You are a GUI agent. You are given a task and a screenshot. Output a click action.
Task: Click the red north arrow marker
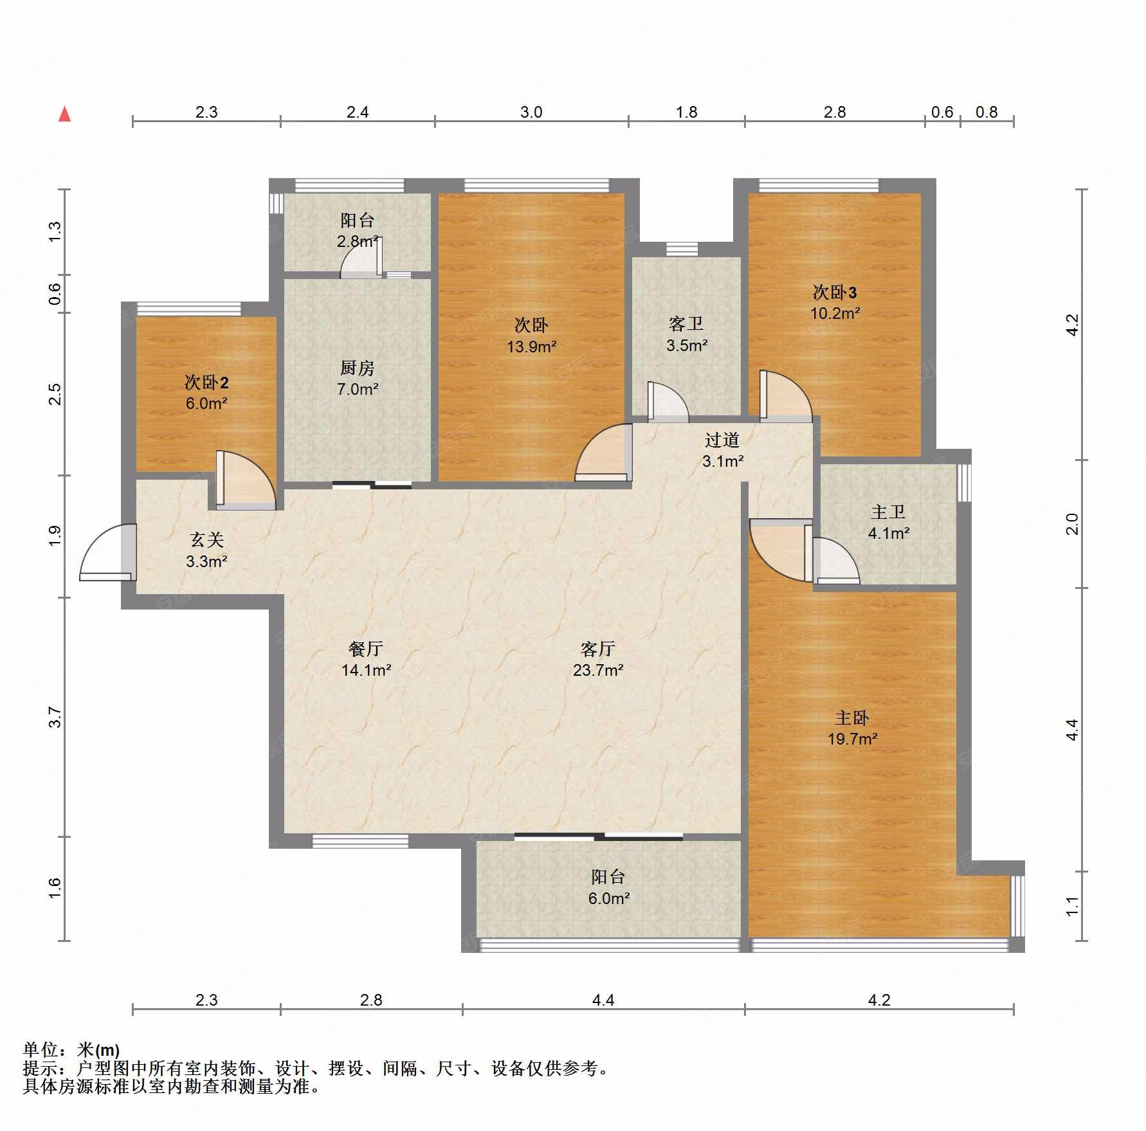coord(64,114)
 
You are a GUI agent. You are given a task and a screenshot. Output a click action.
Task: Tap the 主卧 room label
coord(851,718)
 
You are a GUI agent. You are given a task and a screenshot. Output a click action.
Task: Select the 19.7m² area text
coord(852,739)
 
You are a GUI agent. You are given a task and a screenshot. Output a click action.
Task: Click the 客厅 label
coord(598,649)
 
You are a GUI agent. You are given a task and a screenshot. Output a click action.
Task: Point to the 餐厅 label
coord(365,649)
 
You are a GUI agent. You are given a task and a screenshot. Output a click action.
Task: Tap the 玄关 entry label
coord(206,540)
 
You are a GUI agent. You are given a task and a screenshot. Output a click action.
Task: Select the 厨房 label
coord(357,368)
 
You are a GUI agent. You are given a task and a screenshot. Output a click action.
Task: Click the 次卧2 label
coord(206,383)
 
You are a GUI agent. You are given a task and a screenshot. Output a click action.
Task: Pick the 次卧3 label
coord(835,293)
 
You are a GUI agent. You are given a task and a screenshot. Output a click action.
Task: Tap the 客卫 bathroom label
coord(686,324)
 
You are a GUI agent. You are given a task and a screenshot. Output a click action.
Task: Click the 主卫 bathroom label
coord(888,512)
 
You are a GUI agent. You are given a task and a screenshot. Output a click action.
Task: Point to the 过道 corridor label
coord(722,440)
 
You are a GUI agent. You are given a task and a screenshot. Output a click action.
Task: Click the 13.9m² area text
coord(531,347)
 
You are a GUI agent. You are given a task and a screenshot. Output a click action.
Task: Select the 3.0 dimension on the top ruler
coord(531,112)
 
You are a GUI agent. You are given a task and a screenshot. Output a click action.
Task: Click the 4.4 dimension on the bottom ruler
coord(603,1000)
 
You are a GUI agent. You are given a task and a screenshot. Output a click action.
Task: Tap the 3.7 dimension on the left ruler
coord(55,717)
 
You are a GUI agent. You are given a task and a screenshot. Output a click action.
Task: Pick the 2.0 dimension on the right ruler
coord(1071,524)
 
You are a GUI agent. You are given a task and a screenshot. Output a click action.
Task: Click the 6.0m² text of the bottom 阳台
coord(608,898)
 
